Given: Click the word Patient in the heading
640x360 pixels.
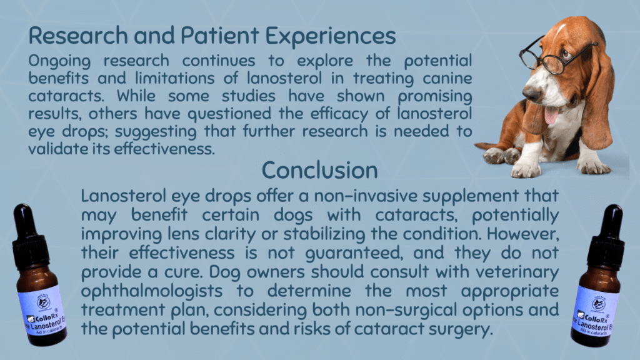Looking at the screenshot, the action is (219, 35).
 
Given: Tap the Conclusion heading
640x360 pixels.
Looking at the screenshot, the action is (319, 170).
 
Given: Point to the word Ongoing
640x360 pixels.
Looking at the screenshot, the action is (59, 62).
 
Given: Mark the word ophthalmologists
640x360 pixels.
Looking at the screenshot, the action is (152, 291).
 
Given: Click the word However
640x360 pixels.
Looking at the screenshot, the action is (523, 234).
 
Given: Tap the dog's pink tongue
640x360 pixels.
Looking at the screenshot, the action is (551, 115).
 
